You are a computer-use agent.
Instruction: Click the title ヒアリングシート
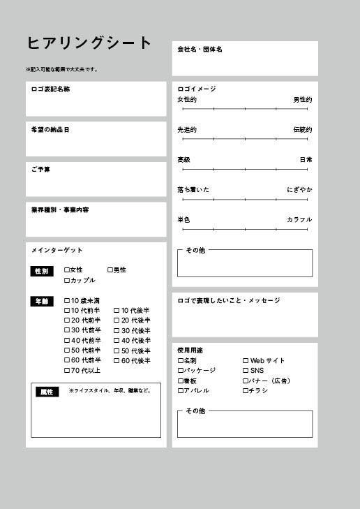pyautogui.click(x=89, y=43)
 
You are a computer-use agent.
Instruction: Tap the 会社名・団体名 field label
pyautogui.click(x=200, y=50)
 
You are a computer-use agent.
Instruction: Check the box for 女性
pyautogui.click(x=67, y=270)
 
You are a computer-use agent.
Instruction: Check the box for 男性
pyautogui.click(x=110, y=270)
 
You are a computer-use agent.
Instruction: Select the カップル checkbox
pyautogui.click(x=67, y=281)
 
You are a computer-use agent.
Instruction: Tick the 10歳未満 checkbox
pyautogui.click(x=67, y=301)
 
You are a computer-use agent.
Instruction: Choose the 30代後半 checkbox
pyautogui.click(x=117, y=331)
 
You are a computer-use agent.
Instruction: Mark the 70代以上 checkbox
pyautogui.click(x=67, y=371)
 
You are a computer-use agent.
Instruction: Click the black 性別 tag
pyautogui.click(x=41, y=271)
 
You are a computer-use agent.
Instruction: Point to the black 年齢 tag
pyautogui.click(x=41, y=302)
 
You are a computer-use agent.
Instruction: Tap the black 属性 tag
pyautogui.click(x=47, y=392)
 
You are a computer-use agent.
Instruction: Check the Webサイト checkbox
pyautogui.click(x=246, y=361)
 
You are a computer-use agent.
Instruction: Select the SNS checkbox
pyautogui.click(x=246, y=371)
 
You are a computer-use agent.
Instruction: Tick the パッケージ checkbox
pyautogui.click(x=180, y=371)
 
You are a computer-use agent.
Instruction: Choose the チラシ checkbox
pyautogui.click(x=246, y=391)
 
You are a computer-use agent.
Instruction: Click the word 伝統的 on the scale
pyautogui.click(x=302, y=130)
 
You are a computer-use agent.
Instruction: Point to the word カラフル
pyautogui.click(x=299, y=220)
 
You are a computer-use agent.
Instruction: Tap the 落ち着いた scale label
pyautogui.click(x=193, y=190)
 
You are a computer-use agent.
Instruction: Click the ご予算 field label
pyautogui.click(x=40, y=170)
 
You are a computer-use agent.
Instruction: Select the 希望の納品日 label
pyautogui.click(x=50, y=130)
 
